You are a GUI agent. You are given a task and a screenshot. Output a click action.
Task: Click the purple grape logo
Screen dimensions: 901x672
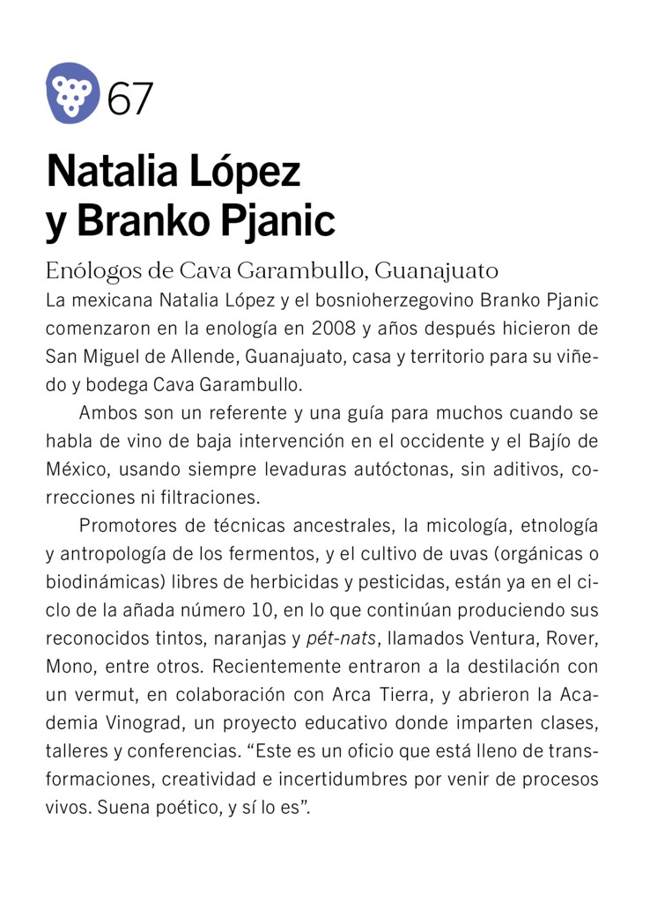point(72,92)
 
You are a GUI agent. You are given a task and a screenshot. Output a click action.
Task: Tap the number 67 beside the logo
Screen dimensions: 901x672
point(130,98)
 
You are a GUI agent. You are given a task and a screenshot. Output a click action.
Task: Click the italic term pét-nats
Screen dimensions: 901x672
point(342,639)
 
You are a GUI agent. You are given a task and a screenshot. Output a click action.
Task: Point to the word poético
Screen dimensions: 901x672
point(176,808)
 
